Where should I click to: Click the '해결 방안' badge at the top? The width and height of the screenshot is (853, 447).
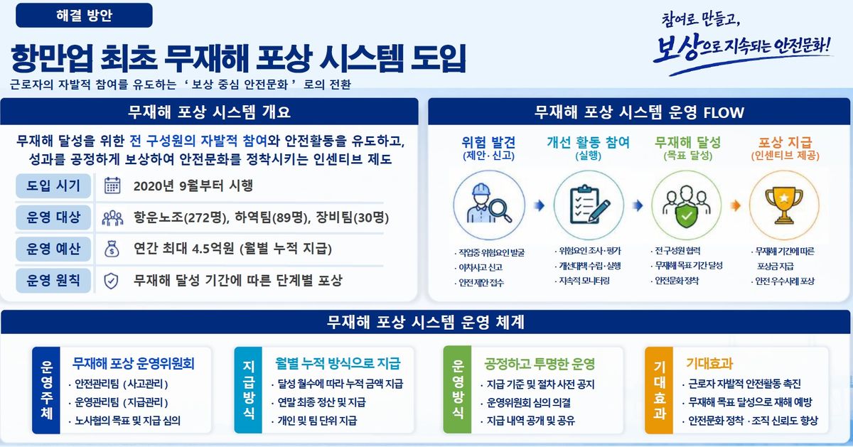(84, 15)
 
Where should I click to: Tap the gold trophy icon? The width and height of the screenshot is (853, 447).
(783, 205)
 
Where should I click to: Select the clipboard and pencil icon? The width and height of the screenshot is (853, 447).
(589, 205)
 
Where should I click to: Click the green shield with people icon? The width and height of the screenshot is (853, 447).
(686, 206)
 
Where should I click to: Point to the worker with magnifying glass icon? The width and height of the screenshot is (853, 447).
(489, 204)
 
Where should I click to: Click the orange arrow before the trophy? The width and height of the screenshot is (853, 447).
(735, 205)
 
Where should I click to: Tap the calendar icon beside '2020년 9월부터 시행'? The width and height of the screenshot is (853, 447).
(112, 185)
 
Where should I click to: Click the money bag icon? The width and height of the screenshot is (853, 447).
(112, 249)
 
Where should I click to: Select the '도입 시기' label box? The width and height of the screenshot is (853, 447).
(53, 185)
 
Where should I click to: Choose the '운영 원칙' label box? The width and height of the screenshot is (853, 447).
(53, 281)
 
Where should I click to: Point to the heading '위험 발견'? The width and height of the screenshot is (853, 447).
(488, 142)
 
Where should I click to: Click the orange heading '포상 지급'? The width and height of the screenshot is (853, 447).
(785, 142)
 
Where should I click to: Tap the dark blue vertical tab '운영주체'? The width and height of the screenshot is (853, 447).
(46, 390)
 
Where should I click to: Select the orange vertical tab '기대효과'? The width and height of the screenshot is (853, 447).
(659, 390)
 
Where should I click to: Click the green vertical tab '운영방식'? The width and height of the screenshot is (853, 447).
(457, 390)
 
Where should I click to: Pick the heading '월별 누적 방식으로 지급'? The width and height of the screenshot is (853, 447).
(338, 364)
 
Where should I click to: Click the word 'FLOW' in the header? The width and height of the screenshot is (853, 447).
(724, 113)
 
